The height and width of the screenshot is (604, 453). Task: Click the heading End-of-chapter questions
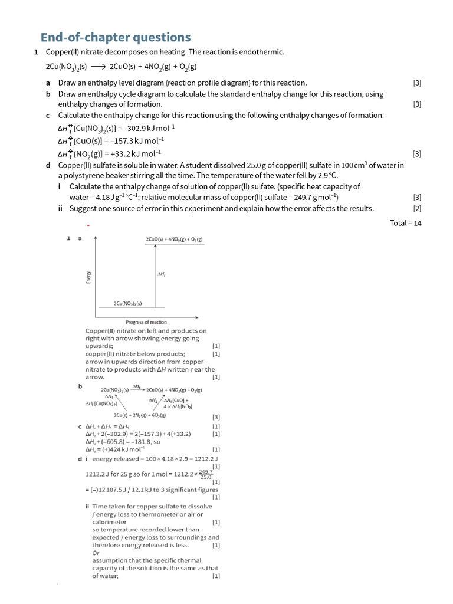click(x=115, y=37)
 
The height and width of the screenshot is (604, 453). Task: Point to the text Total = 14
click(x=405, y=222)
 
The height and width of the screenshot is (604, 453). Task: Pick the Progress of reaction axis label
click(x=146, y=322)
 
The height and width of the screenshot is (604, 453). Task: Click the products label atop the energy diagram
click(x=174, y=239)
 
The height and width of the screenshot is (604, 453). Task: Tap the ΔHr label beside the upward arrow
click(x=161, y=274)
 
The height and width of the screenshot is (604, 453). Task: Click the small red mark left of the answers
click(x=88, y=226)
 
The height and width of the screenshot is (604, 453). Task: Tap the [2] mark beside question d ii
click(x=417, y=208)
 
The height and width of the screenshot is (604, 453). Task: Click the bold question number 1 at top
click(x=37, y=52)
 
